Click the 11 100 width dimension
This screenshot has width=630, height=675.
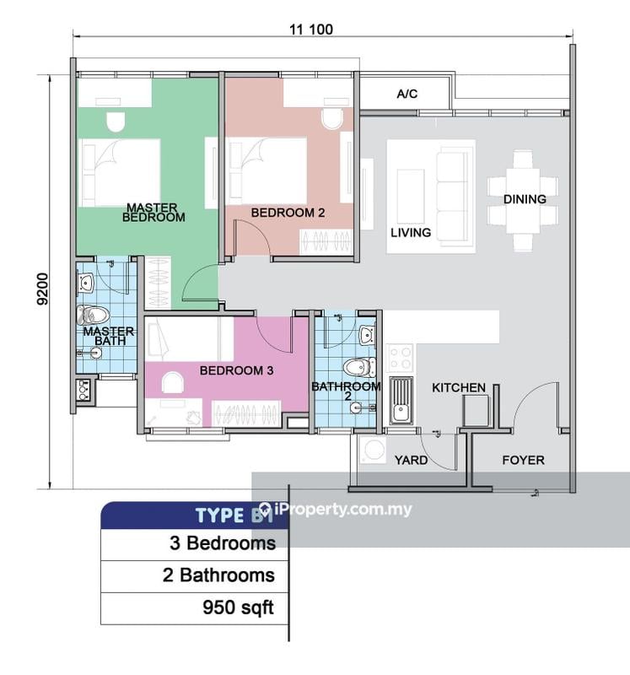311,30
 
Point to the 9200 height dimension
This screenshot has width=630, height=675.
43,289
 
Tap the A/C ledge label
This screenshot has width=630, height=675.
407,94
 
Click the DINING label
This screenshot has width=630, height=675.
525,199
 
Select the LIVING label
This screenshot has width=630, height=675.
411,233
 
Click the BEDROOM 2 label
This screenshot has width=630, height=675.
288,213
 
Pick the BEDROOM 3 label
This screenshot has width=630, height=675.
236,370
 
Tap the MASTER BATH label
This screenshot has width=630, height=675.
109,336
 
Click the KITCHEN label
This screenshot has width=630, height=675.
459,387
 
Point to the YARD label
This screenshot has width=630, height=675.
411,460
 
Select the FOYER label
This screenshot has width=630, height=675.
523,460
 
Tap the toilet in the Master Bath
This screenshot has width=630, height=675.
93,315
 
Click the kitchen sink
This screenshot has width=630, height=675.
401,400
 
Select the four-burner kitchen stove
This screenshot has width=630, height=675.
400,358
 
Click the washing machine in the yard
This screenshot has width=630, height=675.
373,450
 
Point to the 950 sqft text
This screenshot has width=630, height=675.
238,607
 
